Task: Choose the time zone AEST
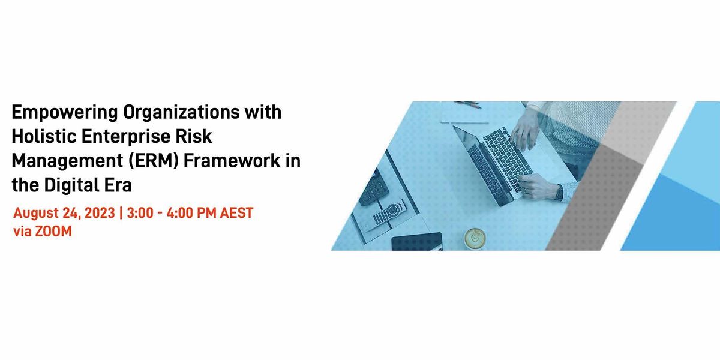(x=236, y=214)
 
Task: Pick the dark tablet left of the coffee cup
(x=416, y=241)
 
